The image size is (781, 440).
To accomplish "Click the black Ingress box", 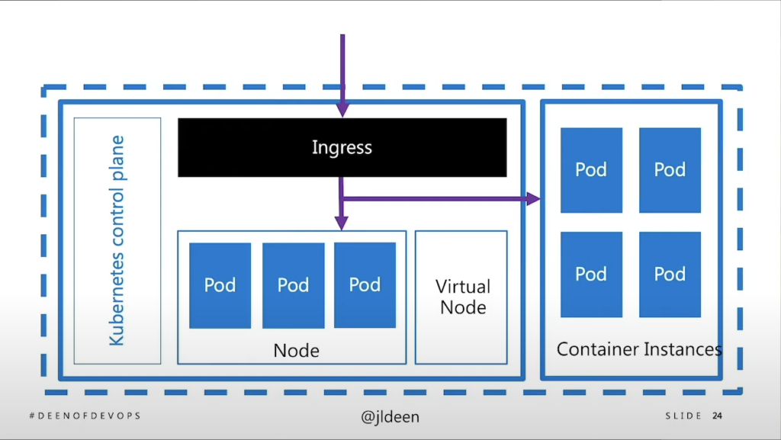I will [x=342, y=147].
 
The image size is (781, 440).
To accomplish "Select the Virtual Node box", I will [x=461, y=297].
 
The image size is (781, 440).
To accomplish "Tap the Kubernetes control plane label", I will [x=117, y=241].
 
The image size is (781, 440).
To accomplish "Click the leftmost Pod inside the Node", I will [x=220, y=285].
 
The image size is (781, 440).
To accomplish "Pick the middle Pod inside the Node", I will [x=293, y=285].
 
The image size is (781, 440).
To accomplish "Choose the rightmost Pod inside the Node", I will [x=365, y=284].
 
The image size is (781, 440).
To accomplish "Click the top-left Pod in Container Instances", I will [x=591, y=169].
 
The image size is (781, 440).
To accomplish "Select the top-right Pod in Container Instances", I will [x=670, y=169].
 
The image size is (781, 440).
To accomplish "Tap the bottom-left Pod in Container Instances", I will [x=591, y=274].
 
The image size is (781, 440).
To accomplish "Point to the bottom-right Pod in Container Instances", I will [x=670, y=274].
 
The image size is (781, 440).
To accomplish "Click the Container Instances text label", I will [x=639, y=349].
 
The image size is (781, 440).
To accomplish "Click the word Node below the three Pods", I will [x=296, y=351].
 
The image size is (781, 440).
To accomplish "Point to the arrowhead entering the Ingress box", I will [x=342, y=111].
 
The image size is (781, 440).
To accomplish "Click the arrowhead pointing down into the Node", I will [x=342, y=223].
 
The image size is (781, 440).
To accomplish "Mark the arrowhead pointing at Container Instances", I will [x=534, y=199].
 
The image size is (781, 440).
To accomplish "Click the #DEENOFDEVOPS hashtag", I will [x=85, y=416].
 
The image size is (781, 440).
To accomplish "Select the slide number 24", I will [x=717, y=416].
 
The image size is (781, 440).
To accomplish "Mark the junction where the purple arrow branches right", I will [x=342, y=199].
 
